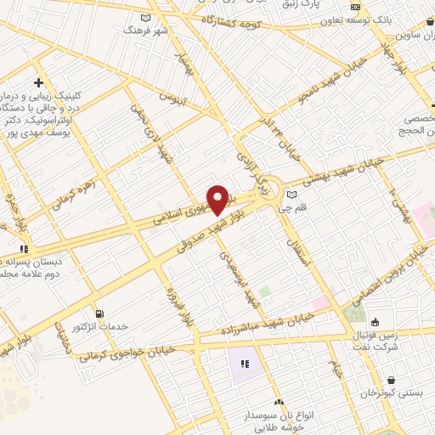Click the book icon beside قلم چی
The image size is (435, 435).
pos(293,194)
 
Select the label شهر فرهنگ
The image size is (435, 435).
pos(141,30)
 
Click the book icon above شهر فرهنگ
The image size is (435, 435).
pos(146,18)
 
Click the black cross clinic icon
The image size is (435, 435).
pos(39,82)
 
